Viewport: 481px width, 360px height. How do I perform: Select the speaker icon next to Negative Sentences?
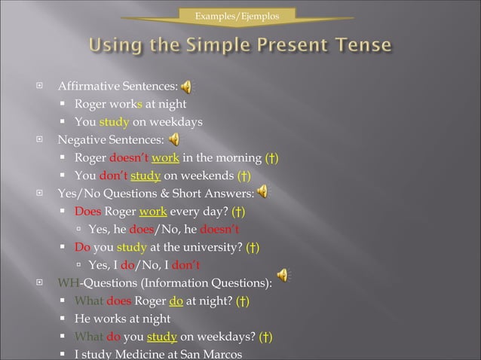tap(174, 140)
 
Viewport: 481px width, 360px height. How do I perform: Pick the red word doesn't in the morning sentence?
tap(128, 158)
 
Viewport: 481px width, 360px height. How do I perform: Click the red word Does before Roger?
tap(87, 212)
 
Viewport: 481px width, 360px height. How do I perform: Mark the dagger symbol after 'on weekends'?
tap(244, 176)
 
